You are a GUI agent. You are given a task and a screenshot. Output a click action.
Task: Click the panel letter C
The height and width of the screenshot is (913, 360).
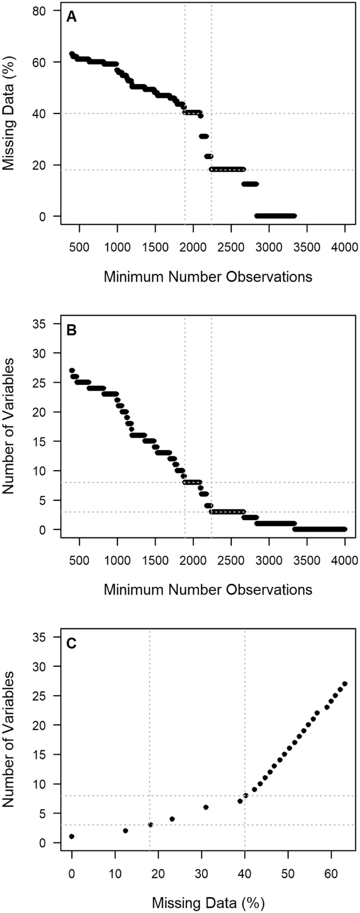(71, 644)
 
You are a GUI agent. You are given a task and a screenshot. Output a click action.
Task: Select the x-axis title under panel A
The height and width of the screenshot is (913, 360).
(208, 276)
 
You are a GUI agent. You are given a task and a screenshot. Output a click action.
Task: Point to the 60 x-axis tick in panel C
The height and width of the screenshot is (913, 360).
(331, 874)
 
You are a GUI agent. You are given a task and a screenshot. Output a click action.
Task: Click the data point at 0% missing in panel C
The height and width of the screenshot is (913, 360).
(72, 836)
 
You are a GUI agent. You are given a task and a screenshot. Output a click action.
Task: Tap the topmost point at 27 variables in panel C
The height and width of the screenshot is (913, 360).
(345, 683)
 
